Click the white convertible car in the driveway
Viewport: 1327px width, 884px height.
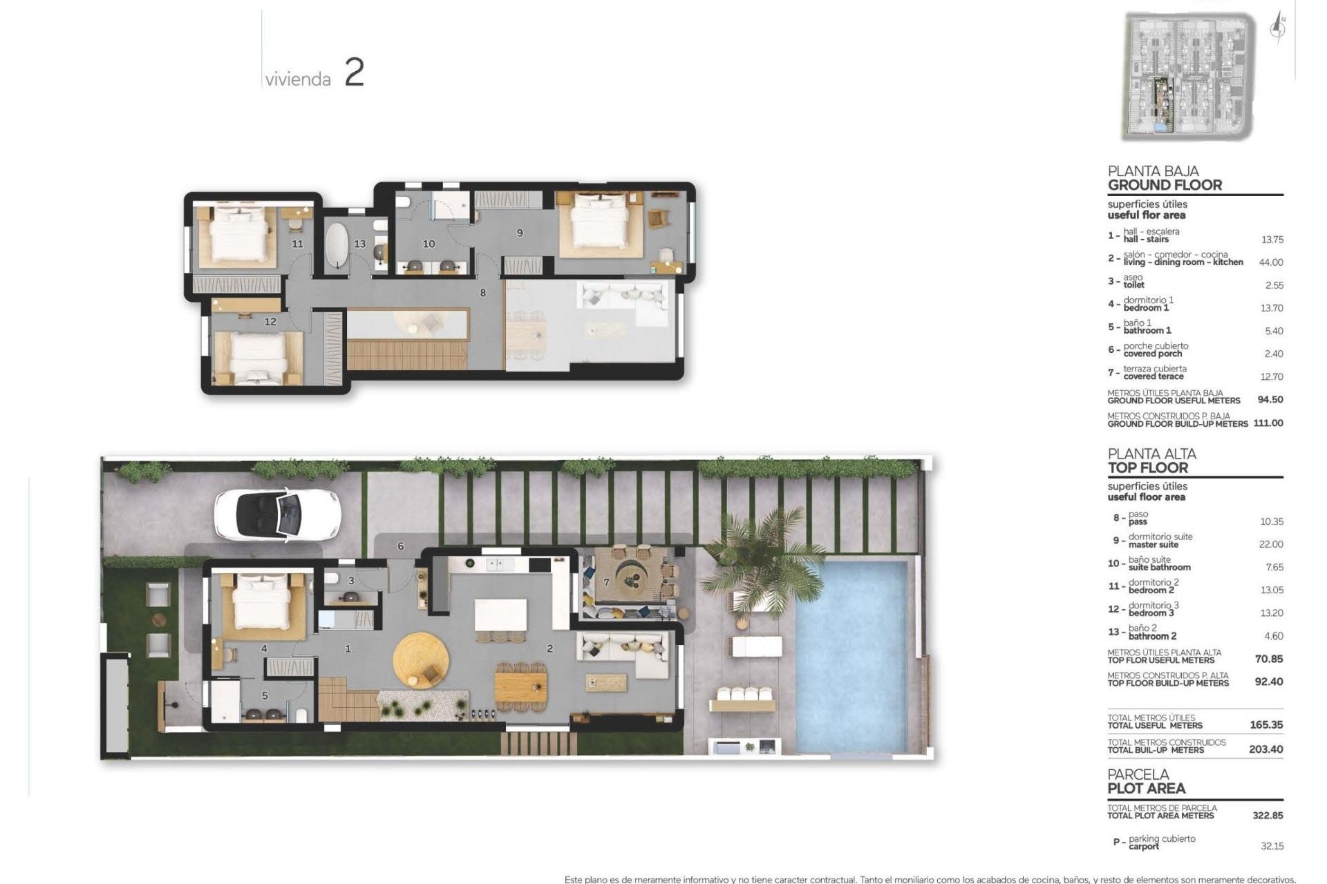coord(277,514)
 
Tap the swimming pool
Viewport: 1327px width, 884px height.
coord(851,656)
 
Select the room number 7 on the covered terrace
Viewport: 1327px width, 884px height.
coord(607,582)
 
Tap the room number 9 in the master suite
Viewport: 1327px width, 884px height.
coord(520,233)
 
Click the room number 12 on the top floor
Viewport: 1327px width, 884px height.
coord(270,321)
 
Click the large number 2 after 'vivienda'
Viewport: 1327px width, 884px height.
coord(354,73)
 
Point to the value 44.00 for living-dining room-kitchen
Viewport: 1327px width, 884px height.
coord(1272,262)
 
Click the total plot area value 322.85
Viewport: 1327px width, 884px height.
coord(1268,816)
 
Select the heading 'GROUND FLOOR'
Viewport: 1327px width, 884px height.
coord(1165,185)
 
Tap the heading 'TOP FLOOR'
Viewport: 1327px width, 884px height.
coord(1147,468)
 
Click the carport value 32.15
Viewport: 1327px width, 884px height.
coord(1272,846)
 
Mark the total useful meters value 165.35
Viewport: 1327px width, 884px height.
coord(1266,725)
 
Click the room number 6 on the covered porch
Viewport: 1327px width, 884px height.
coord(401,546)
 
